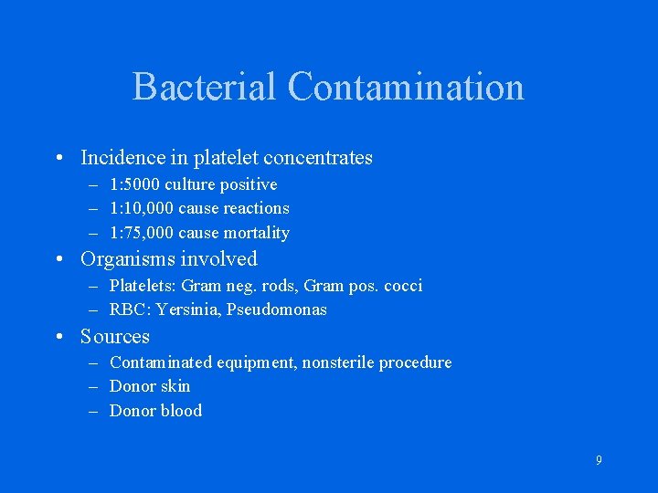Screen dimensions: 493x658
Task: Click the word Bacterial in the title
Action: click(205, 88)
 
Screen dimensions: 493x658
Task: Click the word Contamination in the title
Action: click(406, 88)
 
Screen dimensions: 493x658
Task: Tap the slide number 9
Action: click(599, 461)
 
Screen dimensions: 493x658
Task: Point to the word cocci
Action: click(402, 286)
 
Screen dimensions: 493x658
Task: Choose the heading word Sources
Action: click(115, 336)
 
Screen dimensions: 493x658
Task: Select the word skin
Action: click(175, 386)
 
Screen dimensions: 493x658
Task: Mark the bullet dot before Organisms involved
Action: click(58, 259)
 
